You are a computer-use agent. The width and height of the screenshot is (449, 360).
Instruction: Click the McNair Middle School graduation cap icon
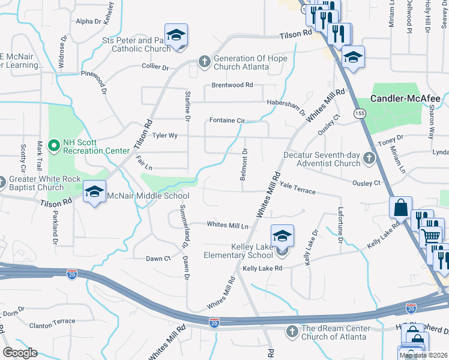pyautogui.click(x=94, y=192)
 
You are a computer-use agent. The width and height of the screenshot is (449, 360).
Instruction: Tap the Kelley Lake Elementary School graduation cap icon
pyautogui.click(x=282, y=236)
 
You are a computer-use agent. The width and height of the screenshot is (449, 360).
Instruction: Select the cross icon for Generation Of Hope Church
pyautogui.click(x=204, y=62)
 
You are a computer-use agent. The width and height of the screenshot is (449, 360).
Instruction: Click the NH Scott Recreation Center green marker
pyautogui.click(x=54, y=145)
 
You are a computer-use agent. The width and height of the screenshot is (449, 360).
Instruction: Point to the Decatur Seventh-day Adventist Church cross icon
pyautogui.click(x=369, y=158)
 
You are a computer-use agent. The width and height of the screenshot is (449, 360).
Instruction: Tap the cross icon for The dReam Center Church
pyautogui.click(x=292, y=331)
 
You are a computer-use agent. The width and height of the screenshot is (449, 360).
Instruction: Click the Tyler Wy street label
pyautogui.click(x=164, y=136)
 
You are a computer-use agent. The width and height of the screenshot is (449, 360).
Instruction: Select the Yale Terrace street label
pyautogui.click(x=298, y=190)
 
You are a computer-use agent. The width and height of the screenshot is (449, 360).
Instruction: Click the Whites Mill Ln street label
pyautogui.click(x=228, y=225)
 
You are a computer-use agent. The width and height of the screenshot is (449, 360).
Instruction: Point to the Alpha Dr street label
pyautogui.click(x=89, y=22)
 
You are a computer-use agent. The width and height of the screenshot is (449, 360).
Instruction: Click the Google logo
pyautogui.click(x=20, y=353)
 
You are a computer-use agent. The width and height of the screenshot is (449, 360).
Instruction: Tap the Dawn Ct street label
pyautogui.click(x=158, y=259)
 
